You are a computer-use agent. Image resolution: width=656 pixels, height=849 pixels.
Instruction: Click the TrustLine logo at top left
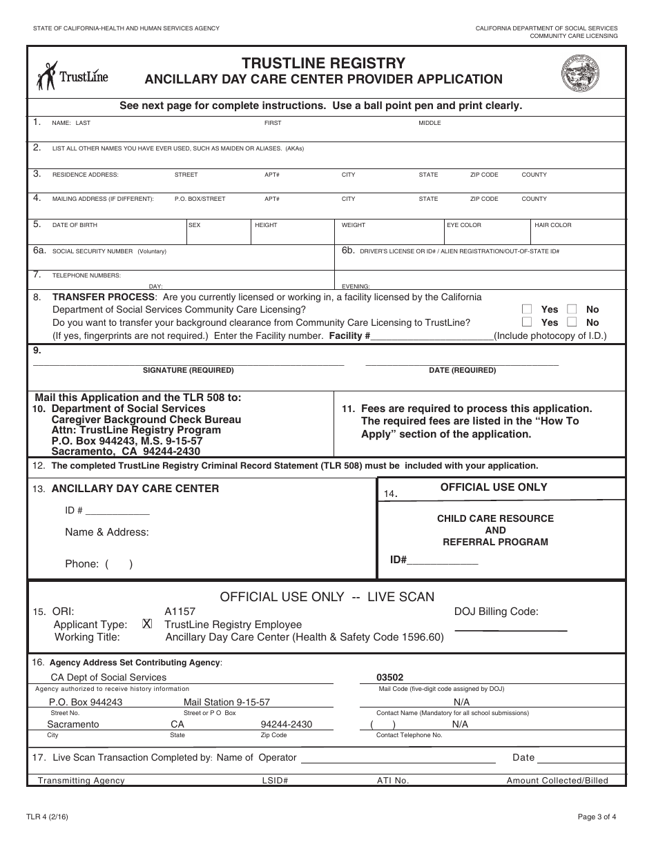(x=72, y=77)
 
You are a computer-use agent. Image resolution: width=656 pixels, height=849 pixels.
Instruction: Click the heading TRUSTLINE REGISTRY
(x=323, y=64)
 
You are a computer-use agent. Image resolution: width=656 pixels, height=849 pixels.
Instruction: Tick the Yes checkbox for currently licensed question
(x=527, y=309)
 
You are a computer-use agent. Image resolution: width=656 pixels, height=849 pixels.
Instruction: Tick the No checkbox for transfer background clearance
(x=572, y=322)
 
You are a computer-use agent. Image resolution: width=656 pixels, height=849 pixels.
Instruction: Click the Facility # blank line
(x=432, y=336)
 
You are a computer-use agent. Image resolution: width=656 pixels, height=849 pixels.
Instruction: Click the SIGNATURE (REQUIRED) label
(x=188, y=371)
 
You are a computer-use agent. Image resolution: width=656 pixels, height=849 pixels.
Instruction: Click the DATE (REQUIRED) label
(x=462, y=371)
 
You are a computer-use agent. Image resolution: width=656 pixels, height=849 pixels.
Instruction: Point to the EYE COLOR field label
(x=464, y=225)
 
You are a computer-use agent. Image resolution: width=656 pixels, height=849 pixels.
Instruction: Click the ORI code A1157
(x=180, y=612)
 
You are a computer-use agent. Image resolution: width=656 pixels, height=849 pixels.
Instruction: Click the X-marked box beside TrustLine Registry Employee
(x=146, y=624)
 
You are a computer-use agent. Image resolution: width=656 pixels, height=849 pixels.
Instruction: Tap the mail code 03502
(x=389, y=678)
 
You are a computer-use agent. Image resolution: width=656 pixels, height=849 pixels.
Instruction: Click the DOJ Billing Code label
(x=496, y=612)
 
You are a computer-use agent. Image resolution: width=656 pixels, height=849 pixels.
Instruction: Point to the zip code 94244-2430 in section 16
(x=286, y=725)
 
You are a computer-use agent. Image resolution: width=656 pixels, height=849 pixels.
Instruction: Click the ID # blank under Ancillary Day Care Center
(x=117, y=511)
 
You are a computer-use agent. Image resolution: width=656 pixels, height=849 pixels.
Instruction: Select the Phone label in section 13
(x=81, y=564)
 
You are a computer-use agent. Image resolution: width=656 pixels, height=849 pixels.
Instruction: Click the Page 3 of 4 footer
(x=597, y=817)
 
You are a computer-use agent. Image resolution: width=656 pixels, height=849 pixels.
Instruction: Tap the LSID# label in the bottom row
(x=274, y=781)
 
